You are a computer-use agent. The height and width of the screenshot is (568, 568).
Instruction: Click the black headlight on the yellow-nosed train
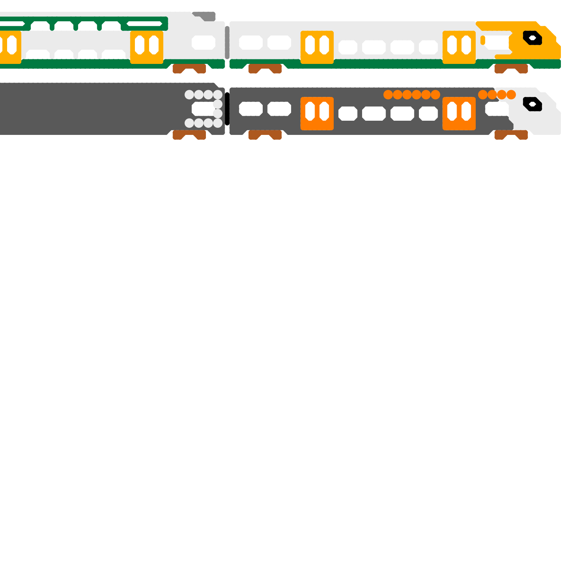(x=532, y=38)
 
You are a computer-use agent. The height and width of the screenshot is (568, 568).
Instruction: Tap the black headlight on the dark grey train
(x=532, y=104)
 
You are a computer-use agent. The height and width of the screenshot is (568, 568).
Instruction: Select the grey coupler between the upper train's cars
(x=227, y=43)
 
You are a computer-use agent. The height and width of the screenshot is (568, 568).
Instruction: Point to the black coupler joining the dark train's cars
(x=227, y=109)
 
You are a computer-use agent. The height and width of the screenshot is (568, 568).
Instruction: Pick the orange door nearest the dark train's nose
(x=459, y=114)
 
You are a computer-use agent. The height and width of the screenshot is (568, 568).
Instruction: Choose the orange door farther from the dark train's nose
(x=317, y=114)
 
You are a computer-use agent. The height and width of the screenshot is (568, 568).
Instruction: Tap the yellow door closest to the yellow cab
(x=459, y=47)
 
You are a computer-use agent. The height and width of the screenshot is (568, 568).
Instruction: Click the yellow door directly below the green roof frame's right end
(x=147, y=47)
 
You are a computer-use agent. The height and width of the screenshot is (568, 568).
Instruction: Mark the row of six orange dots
(x=412, y=95)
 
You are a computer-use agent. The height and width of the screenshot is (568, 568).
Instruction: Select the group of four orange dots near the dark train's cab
(x=497, y=95)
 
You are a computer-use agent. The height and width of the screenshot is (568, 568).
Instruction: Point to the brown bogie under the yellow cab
(x=511, y=69)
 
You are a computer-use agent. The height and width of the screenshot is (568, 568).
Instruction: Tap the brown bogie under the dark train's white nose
(x=511, y=135)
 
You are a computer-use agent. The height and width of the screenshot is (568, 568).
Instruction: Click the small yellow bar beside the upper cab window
(x=483, y=40)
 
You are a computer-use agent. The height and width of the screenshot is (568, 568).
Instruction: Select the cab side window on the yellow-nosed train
(x=497, y=42)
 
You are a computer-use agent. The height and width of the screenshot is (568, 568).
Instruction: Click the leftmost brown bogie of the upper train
(x=189, y=69)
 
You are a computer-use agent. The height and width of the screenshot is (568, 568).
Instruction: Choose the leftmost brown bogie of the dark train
(x=189, y=135)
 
